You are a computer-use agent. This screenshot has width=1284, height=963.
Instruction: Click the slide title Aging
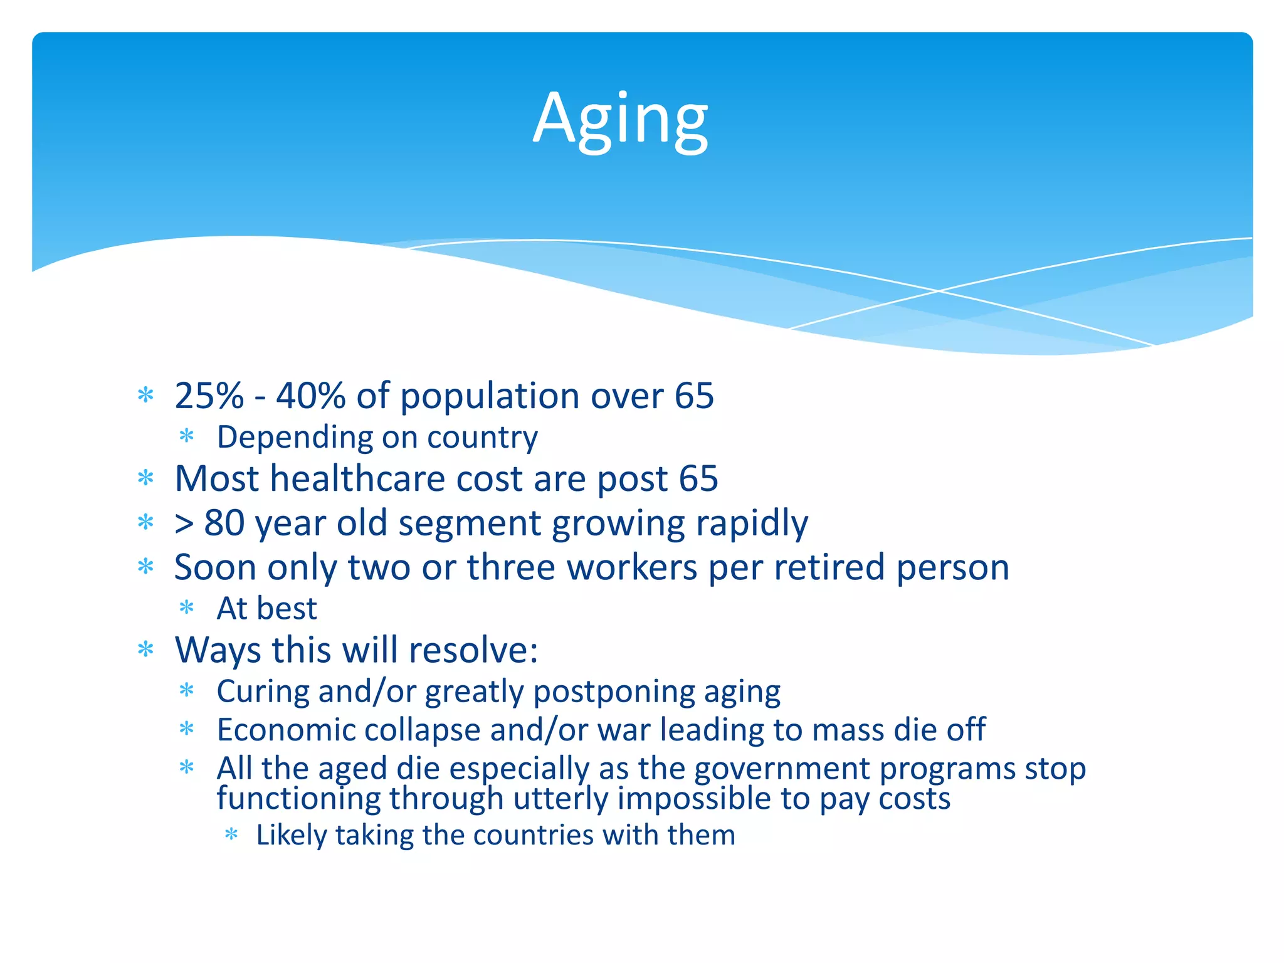(x=620, y=119)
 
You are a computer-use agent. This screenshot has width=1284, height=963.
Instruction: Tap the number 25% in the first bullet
(x=209, y=396)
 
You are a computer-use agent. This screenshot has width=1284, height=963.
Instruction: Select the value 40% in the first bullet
(x=310, y=396)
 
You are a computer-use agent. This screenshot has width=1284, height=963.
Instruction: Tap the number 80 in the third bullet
(x=224, y=523)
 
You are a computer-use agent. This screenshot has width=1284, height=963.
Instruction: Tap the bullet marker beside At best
(x=187, y=607)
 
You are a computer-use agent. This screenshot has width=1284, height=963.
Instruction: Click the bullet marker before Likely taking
(x=231, y=834)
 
